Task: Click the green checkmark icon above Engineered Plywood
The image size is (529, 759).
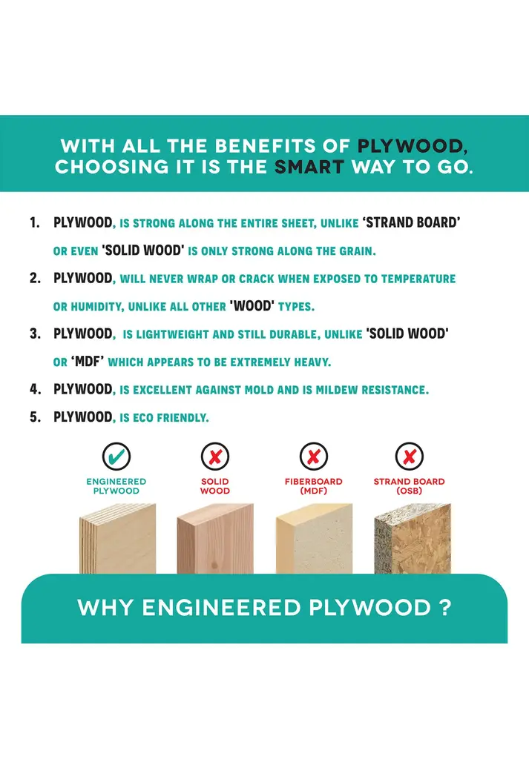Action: (116, 456)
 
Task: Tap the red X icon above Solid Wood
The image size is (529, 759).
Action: (215, 456)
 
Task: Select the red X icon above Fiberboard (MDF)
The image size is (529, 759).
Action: (314, 456)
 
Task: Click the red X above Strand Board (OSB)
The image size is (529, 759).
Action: (410, 456)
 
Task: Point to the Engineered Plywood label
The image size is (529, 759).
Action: (116, 486)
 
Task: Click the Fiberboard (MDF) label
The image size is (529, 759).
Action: (313, 486)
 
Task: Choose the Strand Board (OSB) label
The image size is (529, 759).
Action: (410, 486)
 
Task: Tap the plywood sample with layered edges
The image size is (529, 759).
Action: (118, 539)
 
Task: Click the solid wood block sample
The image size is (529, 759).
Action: (215, 539)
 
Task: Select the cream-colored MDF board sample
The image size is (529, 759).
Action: (314, 539)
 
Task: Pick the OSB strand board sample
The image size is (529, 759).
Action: (413, 539)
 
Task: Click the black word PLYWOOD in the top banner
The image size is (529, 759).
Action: (413, 146)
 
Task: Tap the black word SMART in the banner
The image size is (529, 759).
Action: (309, 167)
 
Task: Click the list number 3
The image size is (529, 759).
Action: (35, 334)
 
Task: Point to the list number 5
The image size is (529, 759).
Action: (35, 417)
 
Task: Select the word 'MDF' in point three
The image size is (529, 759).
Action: (88, 361)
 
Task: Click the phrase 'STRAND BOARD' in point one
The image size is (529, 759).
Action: (411, 222)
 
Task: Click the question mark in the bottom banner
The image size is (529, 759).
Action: (447, 608)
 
